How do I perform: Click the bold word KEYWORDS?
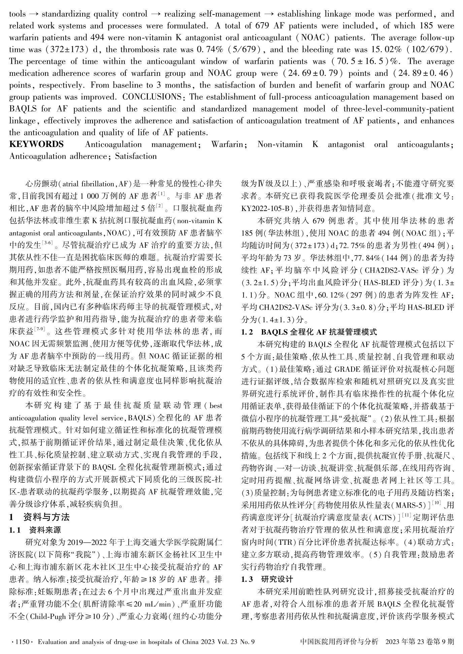[36, 144]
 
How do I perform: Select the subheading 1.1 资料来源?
[35, 530]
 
